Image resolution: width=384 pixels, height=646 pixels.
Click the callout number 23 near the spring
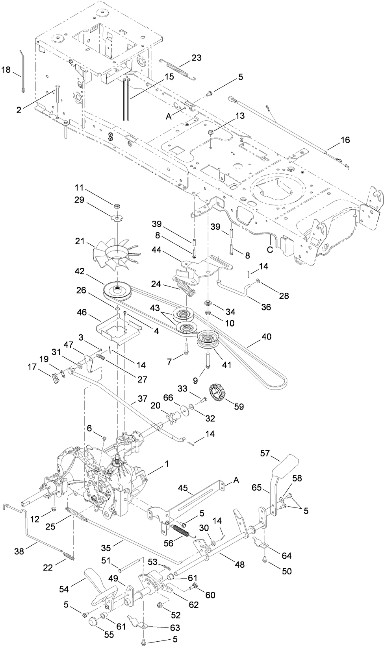(x=196, y=58)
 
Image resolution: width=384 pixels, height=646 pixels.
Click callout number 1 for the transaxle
(x=167, y=464)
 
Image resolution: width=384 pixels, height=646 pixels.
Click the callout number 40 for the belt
(x=266, y=337)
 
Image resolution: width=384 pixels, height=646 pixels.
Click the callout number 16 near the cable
(x=345, y=140)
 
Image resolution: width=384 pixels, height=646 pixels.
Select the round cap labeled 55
(x=93, y=622)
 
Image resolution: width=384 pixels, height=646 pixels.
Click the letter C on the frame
(x=270, y=249)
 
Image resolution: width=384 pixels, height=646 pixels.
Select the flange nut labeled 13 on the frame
(x=212, y=132)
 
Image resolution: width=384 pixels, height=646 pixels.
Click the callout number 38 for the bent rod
(x=19, y=551)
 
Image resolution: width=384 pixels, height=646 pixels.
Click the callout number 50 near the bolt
(x=287, y=571)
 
